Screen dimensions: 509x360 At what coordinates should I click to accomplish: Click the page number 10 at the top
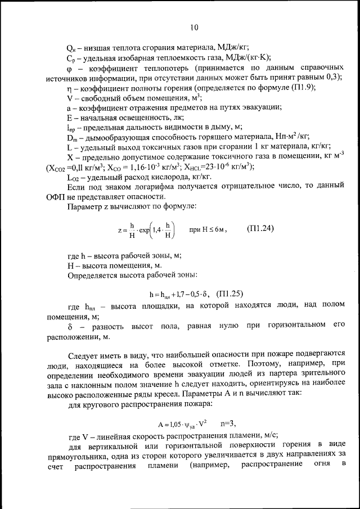(x=194, y=27)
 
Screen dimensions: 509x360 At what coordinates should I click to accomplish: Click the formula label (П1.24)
(x=260, y=228)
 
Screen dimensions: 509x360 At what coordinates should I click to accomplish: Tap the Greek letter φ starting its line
(x=69, y=67)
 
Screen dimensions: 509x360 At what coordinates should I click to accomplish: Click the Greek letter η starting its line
(x=69, y=88)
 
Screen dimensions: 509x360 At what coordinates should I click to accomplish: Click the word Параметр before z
(x=86, y=206)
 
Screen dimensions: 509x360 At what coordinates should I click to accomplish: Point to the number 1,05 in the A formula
(x=169, y=423)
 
